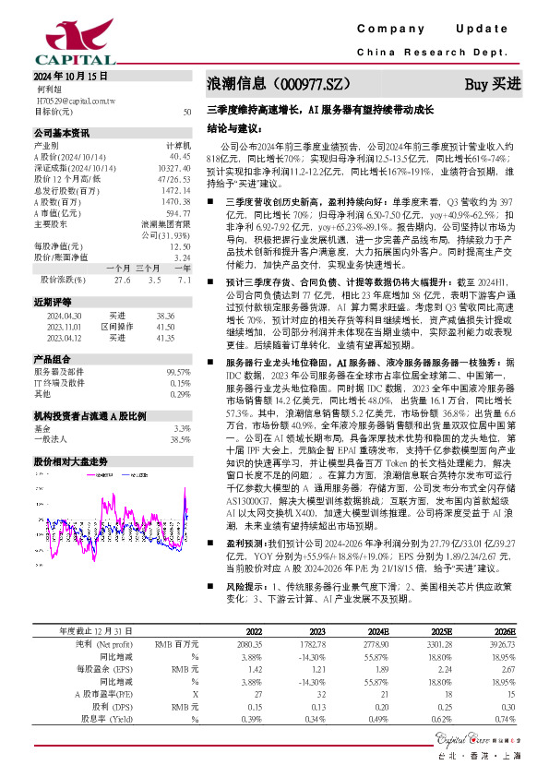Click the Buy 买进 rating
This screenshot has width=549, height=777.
coord(492,84)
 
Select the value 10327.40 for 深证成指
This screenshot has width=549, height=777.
coord(174,168)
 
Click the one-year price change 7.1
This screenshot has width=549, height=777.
coord(184,279)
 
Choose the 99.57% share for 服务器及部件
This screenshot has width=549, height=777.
coord(178,371)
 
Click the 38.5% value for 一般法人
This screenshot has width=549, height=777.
coord(181,440)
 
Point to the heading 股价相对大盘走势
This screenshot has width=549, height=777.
coord(71,459)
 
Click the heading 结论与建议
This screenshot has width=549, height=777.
coord(235,128)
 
